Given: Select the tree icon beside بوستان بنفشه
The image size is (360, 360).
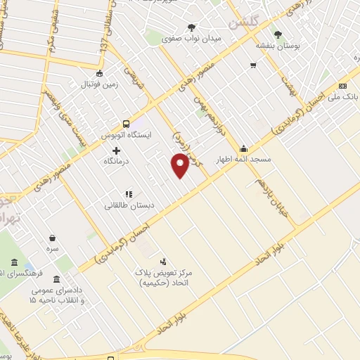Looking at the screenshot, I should tap(278, 34).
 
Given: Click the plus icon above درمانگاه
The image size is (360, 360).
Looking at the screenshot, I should tap(116, 150).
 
